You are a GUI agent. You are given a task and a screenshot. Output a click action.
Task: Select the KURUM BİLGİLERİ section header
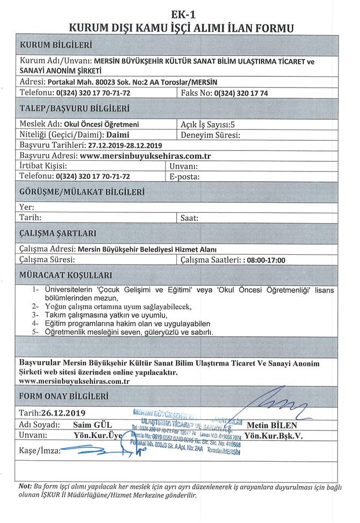(x=56, y=44)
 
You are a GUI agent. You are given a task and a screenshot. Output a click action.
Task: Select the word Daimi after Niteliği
(x=118, y=134)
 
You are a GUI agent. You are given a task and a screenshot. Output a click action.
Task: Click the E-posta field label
(x=184, y=176)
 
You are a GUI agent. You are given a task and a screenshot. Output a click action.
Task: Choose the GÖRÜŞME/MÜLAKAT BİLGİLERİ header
(x=82, y=191)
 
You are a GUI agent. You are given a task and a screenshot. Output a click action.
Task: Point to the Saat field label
(x=190, y=218)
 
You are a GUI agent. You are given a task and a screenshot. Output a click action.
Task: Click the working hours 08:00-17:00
(x=265, y=260)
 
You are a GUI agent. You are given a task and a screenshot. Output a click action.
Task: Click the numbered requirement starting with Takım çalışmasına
(x=106, y=314)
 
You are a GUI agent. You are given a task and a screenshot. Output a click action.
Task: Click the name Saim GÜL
(x=91, y=425)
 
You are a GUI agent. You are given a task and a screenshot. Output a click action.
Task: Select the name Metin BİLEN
(x=272, y=425)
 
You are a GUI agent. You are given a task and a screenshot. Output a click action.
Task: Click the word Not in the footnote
(x=25, y=485)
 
